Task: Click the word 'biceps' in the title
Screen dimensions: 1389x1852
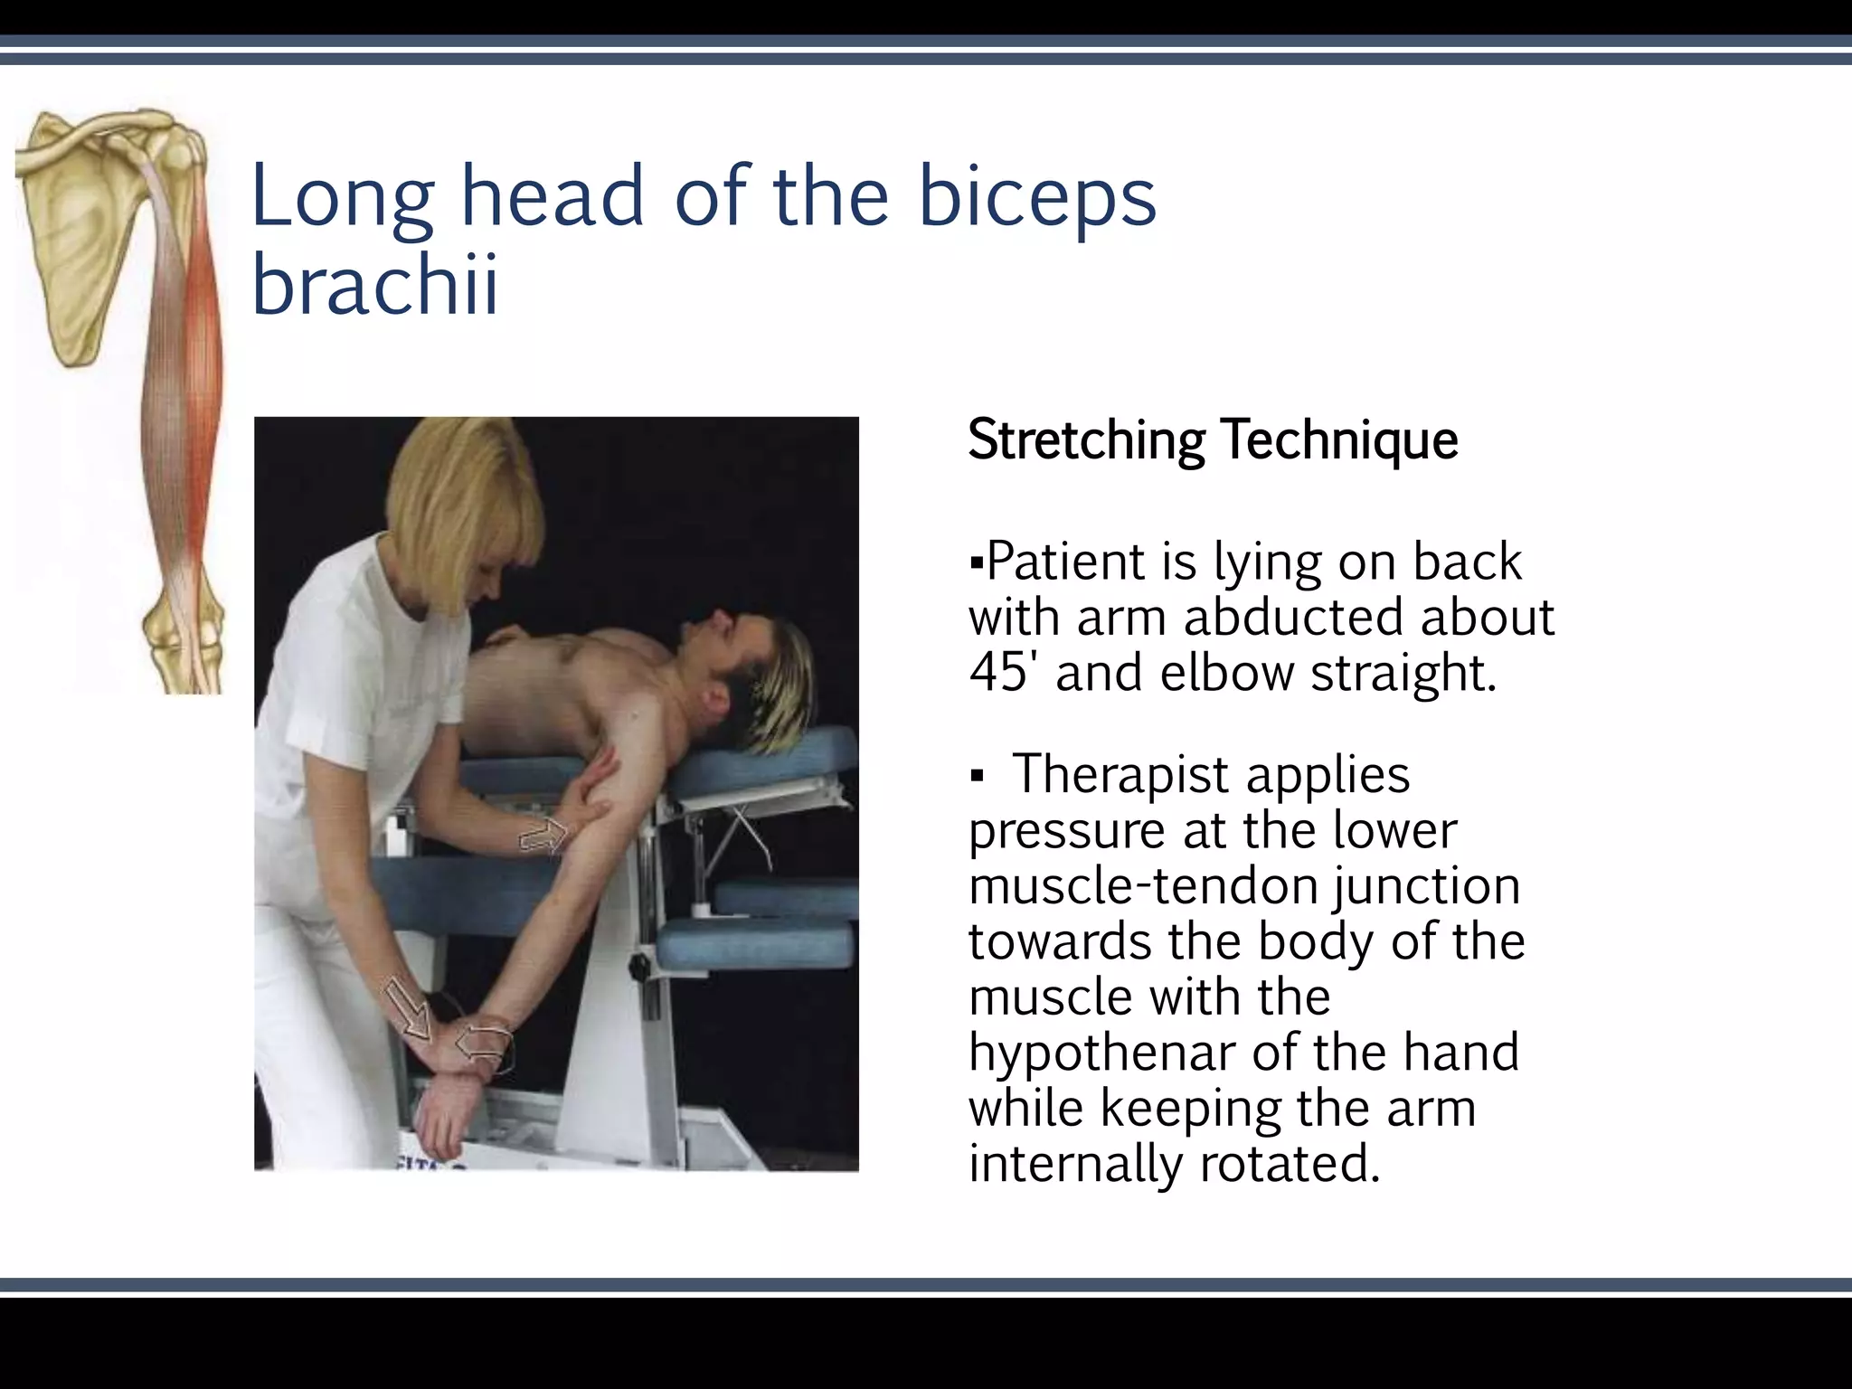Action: point(1036,197)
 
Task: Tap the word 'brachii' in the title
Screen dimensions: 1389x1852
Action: point(374,286)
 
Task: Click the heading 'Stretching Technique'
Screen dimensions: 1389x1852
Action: point(1212,440)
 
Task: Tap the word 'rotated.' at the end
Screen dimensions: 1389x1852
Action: point(1290,1164)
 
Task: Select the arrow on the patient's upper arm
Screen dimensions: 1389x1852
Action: point(543,836)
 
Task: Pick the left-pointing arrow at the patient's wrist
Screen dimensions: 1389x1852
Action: point(481,1044)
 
